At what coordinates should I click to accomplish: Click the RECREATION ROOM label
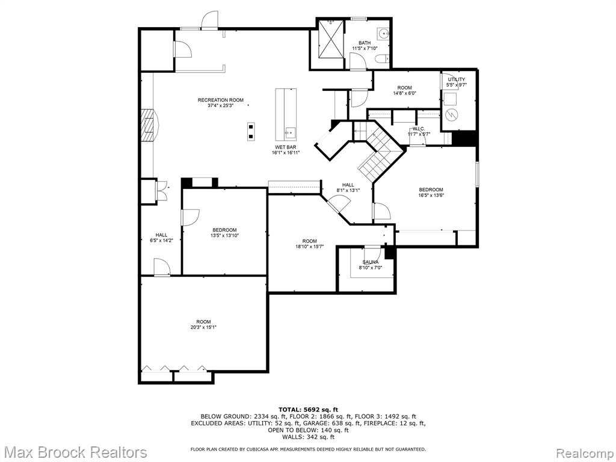[220, 100]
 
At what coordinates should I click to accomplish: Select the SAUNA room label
[371, 262]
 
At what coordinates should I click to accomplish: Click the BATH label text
[365, 43]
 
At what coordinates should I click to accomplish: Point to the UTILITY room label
[457, 79]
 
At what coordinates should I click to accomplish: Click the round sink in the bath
[383, 34]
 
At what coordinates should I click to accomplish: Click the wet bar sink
[291, 133]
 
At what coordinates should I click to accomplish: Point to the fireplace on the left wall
[149, 125]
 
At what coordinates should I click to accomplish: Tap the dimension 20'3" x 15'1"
[203, 327]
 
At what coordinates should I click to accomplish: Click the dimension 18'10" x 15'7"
[310, 247]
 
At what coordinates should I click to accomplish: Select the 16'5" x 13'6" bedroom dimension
[431, 195]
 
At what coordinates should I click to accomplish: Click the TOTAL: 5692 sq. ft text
[308, 410]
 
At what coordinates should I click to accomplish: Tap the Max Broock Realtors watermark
[74, 452]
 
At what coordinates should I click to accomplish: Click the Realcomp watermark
[585, 452]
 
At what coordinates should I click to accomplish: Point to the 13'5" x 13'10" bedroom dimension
[225, 235]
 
